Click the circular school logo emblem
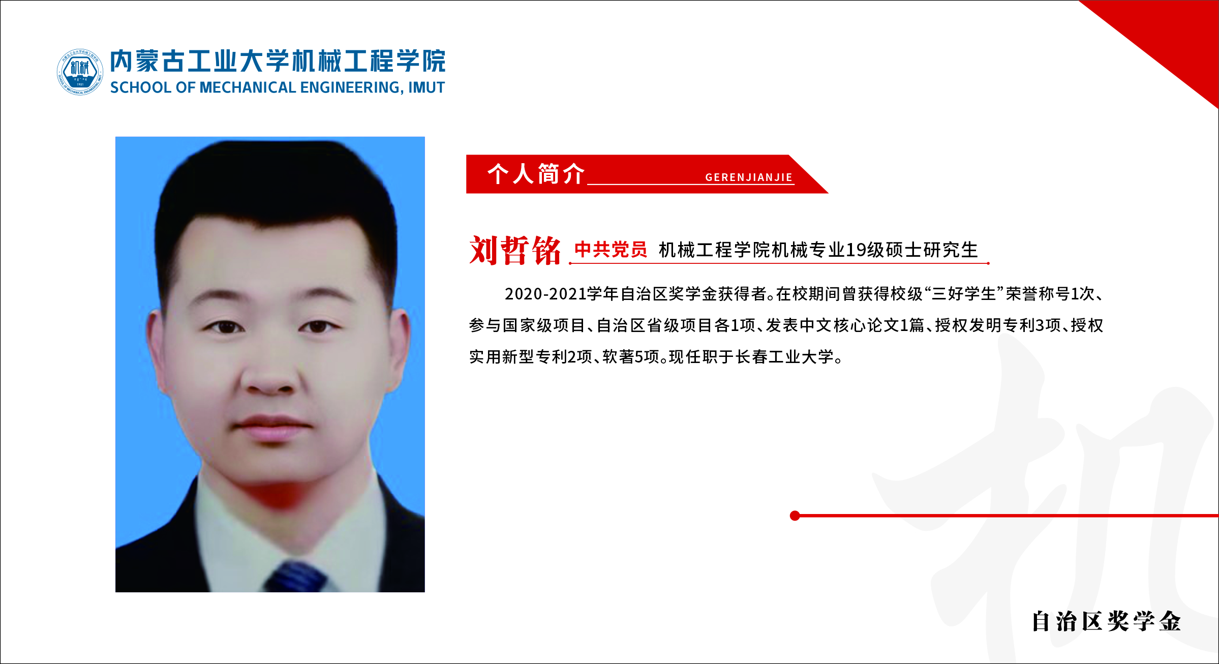[x=80, y=72]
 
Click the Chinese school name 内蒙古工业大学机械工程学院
[x=278, y=62]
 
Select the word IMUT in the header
[x=426, y=88]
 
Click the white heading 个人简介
[x=536, y=174]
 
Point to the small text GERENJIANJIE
[x=749, y=177]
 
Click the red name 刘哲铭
[x=515, y=250]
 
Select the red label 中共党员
[x=611, y=249]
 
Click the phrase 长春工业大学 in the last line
[x=785, y=357]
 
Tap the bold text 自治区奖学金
[x=1106, y=621]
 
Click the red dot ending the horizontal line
[x=795, y=516]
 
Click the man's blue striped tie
[x=295, y=577]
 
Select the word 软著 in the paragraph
[x=618, y=357]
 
